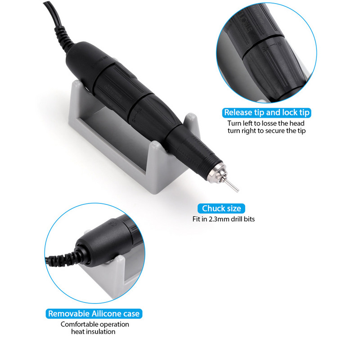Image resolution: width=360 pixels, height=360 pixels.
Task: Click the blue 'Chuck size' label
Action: pyautogui.click(x=221, y=208)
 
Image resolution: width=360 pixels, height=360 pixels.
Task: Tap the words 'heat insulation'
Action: pyautogui.click(x=93, y=332)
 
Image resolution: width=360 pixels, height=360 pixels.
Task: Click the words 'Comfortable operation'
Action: pyautogui.click(x=95, y=324)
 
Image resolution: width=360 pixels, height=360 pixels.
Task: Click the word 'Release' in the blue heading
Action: pyautogui.click(x=237, y=112)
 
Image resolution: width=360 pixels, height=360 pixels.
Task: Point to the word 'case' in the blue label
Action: pyautogui.click(x=132, y=313)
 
